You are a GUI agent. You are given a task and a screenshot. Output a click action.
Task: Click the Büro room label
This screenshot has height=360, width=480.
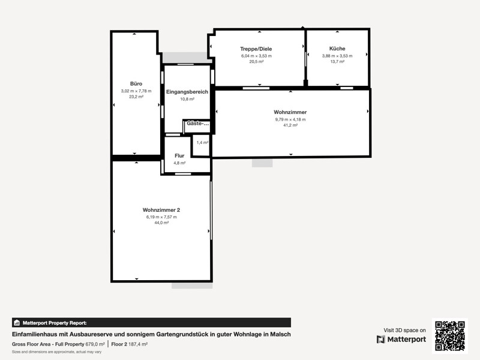tap(136, 83)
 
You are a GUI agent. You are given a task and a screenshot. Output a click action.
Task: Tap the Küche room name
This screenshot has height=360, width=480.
tap(337, 49)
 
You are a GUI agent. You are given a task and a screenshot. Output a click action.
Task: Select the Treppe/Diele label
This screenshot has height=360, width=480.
tap(256, 49)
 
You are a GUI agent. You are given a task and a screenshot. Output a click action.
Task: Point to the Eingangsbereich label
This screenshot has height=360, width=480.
tap(187, 92)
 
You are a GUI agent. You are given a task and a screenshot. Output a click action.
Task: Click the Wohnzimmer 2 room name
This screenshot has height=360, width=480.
tap(161, 210)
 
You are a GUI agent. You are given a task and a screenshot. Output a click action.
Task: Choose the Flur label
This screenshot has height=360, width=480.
tap(179, 155)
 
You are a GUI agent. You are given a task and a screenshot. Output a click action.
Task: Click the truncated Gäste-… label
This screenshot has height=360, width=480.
tap(198, 124)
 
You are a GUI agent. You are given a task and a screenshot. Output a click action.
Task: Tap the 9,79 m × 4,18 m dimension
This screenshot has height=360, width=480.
tap(290, 119)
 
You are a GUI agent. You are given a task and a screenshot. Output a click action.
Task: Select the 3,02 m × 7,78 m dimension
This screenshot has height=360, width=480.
tap(136, 91)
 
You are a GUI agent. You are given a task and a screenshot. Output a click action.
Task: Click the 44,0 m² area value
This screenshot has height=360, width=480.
tap(161, 223)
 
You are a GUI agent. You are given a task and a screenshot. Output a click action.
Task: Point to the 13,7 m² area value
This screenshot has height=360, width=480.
tap(337, 62)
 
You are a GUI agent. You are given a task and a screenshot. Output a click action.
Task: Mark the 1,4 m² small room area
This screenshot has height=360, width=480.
tap(202, 143)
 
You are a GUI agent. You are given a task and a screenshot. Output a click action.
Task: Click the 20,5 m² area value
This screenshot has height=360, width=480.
tap(256, 62)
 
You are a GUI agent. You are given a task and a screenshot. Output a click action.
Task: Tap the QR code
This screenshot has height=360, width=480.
tap(450, 336)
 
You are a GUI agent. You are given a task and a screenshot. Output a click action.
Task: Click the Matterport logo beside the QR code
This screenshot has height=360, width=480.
tap(401, 340)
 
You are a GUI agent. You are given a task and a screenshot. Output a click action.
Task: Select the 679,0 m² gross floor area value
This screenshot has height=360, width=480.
tap(95, 344)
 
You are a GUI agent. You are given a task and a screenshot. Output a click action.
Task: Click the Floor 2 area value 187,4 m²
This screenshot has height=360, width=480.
tap(138, 344)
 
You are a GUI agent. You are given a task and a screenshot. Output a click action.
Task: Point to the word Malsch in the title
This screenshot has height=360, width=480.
tap(280, 334)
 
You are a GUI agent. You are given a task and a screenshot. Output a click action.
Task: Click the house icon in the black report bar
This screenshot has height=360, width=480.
tap(17, 323)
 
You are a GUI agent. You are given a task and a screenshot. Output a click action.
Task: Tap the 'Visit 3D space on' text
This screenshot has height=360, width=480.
tap(404, 331)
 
